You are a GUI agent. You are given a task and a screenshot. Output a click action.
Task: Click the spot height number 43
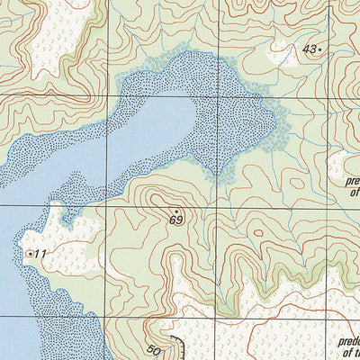click(310, 49)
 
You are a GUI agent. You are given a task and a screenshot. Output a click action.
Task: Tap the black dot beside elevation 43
click(320, 50)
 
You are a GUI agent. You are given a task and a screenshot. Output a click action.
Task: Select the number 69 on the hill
click(175, 220)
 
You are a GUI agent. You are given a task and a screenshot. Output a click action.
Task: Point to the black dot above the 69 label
click(176, 211)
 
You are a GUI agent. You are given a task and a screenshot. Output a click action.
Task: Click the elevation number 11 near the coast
click(40, 255)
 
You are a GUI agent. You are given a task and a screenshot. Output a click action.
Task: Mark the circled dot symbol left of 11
click(30, 255)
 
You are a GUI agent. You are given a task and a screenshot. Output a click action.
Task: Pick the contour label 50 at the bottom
click(153, 350)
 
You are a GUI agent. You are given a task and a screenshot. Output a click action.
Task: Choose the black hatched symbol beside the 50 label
click(176, 346)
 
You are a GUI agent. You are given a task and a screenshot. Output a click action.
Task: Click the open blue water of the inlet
click(135, 135)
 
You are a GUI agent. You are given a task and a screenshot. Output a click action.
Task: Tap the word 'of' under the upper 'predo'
click(354, 191)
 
